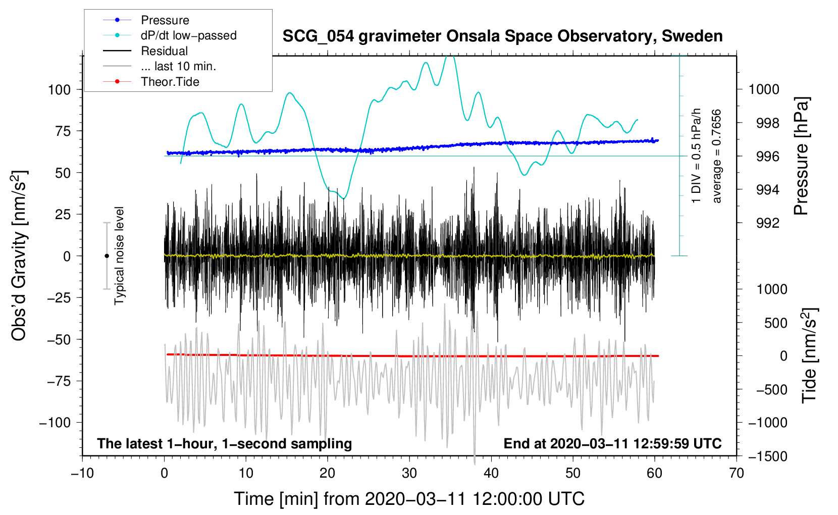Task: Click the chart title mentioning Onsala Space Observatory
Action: pyautogui.click(x=502, y=36)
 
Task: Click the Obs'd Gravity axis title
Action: pyautogui.click(x=20, y=255)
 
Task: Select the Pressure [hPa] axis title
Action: pyautogui.click(x=801, y=156)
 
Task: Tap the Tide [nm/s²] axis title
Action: pyautogui.click(x=810, y=355)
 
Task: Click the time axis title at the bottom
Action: pyautogui.click(x=409, y=499)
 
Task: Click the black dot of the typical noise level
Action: pyautogui.click(x=107, y=256)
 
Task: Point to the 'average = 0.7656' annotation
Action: pyautogui.click(x=716, y=156)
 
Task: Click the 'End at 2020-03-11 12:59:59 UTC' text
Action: pyautogui.click(x=612, y=443)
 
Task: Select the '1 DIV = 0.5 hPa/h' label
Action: pyautogui.click(x=696, y=156)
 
